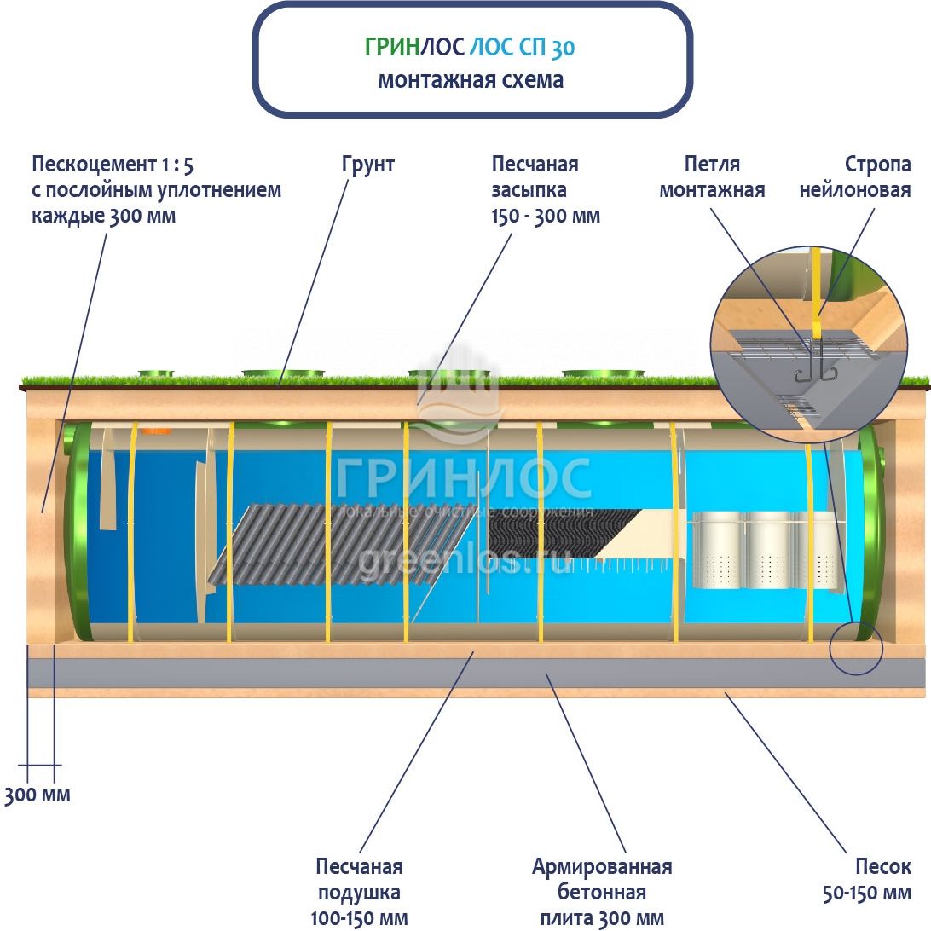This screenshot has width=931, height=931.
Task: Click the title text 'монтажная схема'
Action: coord(471,79)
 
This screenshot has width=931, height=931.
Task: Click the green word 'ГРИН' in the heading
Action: coord(392,47)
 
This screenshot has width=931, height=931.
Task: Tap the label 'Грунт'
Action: coord(368,165)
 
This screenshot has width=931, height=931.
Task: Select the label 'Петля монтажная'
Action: coord(712,177)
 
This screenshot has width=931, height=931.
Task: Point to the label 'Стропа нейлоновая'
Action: coord(855,177)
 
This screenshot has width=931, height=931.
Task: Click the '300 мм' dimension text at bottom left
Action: coord(38,795)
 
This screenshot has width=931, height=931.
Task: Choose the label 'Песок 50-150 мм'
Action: coord(866,880)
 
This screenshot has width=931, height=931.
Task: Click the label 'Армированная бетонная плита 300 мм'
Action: coord(602,893)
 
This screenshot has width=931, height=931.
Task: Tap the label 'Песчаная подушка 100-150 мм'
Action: coord(359,893)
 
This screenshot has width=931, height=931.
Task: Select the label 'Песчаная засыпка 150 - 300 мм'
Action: coord(546,190)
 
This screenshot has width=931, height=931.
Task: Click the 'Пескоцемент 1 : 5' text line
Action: coord(113,165)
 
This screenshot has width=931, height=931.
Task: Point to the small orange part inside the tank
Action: coord(158,431)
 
